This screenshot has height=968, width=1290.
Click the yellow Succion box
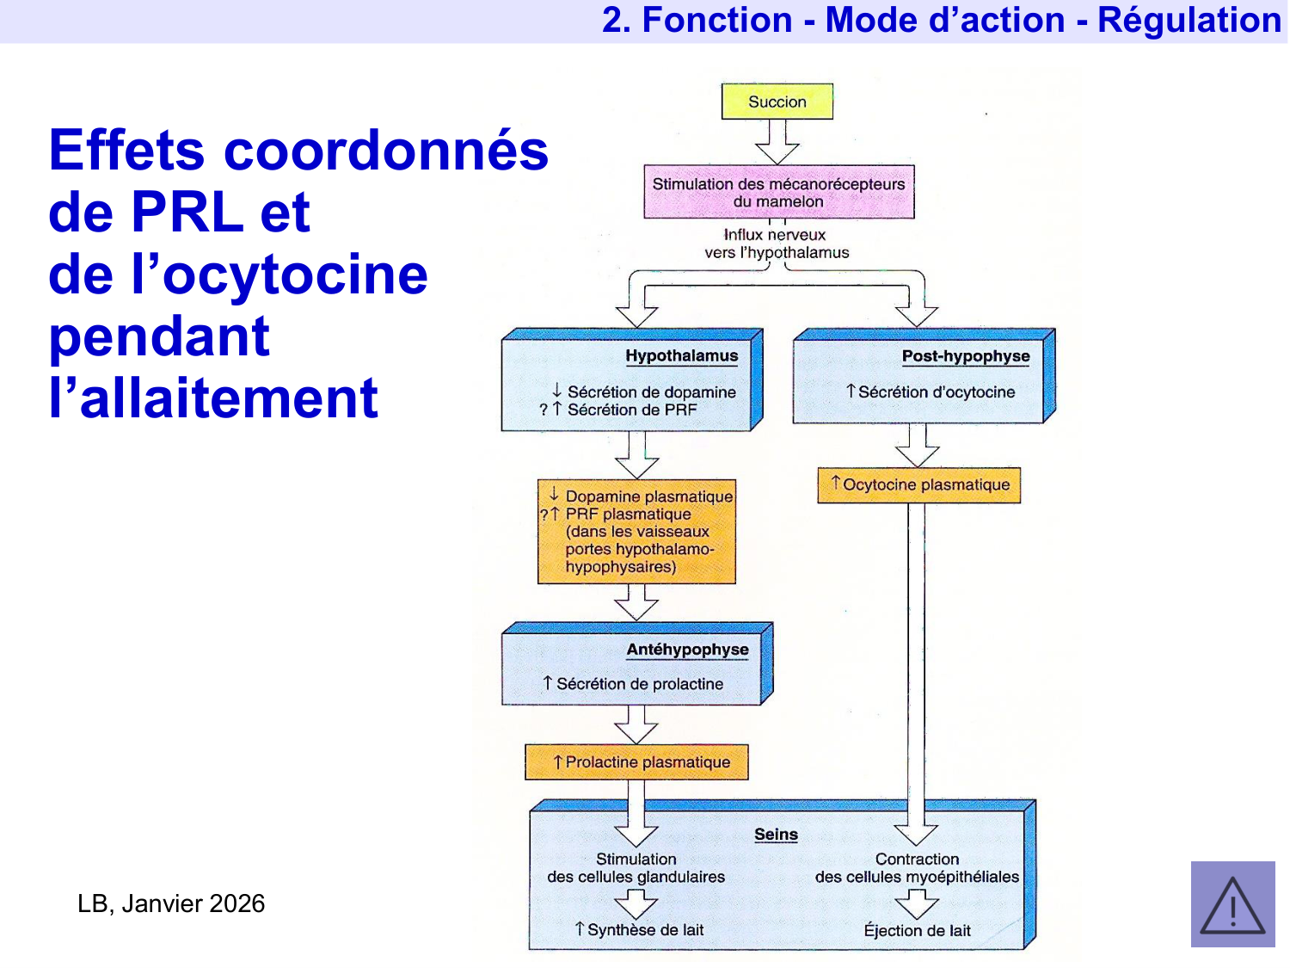tap(777, 102)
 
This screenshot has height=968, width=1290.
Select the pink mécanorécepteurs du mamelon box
tap(778, 192)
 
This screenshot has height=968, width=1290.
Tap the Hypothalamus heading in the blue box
tap(681, 356)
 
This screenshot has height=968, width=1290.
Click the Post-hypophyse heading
tap(965, 356)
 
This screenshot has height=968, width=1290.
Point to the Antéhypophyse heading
tap(687, 650)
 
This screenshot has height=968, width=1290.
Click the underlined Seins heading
tap(776, 835)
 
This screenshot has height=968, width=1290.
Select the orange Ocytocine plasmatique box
tap(918, 485)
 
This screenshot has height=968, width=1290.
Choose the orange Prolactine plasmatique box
tap(636, 762)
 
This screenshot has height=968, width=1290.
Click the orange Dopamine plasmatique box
tap(636, 532)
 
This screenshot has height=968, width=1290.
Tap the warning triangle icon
tap(1232, 904)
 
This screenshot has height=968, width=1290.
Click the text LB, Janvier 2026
tap(171, 903)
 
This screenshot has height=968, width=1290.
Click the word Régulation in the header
tap(1189, 21)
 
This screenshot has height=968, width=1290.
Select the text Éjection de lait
tap(917, 931)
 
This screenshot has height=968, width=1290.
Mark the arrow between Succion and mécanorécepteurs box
tap(777, 142)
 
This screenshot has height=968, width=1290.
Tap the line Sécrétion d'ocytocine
tap(931, 392)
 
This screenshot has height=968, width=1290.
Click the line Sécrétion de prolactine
tap(633, 684)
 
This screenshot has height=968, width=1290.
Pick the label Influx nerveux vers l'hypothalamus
tap(776, 244)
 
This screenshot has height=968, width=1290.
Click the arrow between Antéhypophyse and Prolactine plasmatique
tap(636, 724)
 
